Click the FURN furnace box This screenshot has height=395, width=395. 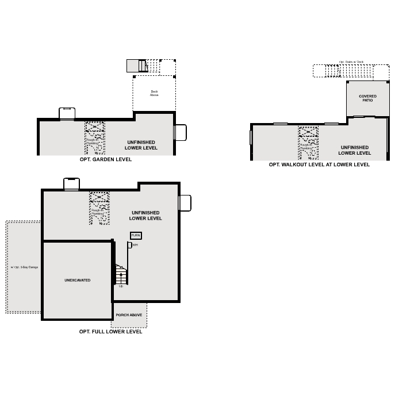(x=136, y=236)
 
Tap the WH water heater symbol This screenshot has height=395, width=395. (x=130, y=246)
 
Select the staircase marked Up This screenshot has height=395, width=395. (x=121, y=274)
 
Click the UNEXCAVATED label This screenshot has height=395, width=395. (x=77, y=280)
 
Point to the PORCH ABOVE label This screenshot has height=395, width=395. (x=129, y=315)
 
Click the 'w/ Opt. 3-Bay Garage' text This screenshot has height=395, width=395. (x=24, y=267)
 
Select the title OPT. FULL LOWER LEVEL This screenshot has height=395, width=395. (x=110, y=332)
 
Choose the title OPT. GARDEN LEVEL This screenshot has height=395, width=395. (x=106, y=160)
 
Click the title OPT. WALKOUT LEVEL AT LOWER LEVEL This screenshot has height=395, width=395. (x=319, y=164)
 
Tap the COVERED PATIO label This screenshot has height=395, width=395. (x=367, y=98)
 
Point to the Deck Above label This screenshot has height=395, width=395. (x=154, y=93)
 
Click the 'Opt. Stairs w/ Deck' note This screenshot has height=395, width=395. (x=351, y=62)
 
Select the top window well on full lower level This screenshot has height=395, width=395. (x=71, y=184)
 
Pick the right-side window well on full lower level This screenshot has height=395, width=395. (x=185, y=203)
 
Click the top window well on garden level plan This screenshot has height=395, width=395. (x=67, y=113)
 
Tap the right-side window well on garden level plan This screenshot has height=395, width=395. (x=180, y=132)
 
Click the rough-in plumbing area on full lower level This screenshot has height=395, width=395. (x=99, y=208)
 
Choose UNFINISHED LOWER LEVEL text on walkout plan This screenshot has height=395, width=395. (x=354, y=150)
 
